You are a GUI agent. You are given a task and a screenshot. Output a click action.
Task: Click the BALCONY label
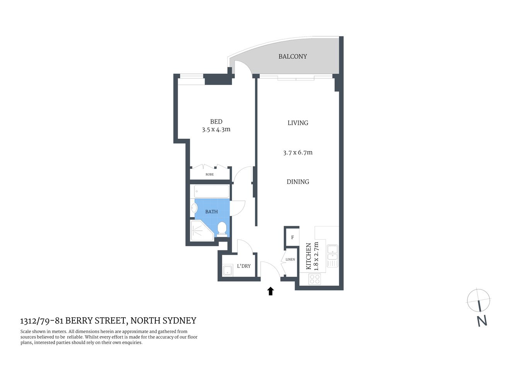pos(293,56)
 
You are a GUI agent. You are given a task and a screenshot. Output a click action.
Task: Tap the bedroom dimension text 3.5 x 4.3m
pos(216,129)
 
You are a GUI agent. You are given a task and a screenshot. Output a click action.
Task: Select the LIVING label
pos(298,123)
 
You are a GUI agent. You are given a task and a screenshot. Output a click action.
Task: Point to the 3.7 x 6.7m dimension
pos(298,153)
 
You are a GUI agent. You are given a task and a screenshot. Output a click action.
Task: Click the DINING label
pos(298,182)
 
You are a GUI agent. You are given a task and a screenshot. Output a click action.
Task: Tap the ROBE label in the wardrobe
pos(210,175)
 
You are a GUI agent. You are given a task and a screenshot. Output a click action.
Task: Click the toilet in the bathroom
pos(222,228)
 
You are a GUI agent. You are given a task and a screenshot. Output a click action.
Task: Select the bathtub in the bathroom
pos(211,191)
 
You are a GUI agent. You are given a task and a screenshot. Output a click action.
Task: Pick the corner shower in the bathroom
pos(201,231)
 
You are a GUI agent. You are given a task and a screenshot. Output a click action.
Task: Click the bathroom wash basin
pos(194,208)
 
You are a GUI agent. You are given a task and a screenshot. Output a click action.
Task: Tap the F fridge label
pos(292,237)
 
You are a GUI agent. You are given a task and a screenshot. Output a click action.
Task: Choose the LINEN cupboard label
pos(290,260)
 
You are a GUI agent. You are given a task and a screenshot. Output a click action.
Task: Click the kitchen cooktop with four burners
pos(315,279)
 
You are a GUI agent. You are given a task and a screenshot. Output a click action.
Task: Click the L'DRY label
pos(244,266)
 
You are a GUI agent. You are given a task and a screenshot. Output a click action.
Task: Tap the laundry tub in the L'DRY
pos(227,270)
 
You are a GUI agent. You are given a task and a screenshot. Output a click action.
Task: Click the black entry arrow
pos(271,291)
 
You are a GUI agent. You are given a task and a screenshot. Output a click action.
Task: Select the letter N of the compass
pos(482,321)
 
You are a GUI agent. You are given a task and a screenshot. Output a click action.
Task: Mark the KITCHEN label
pos(309,256)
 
